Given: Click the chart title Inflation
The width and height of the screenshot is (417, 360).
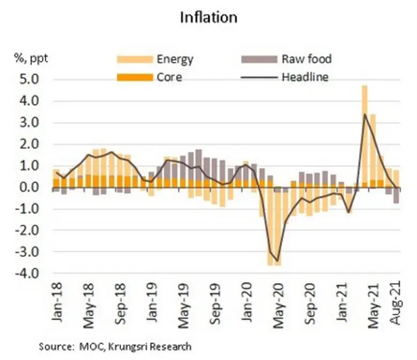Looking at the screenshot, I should (x=208, y=17).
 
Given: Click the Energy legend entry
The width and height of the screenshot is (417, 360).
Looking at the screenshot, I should (x=174, y=59).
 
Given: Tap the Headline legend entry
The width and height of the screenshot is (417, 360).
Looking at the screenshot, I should (x=305, y=77).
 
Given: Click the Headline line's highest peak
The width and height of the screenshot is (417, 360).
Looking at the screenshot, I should (x=365, y=114).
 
